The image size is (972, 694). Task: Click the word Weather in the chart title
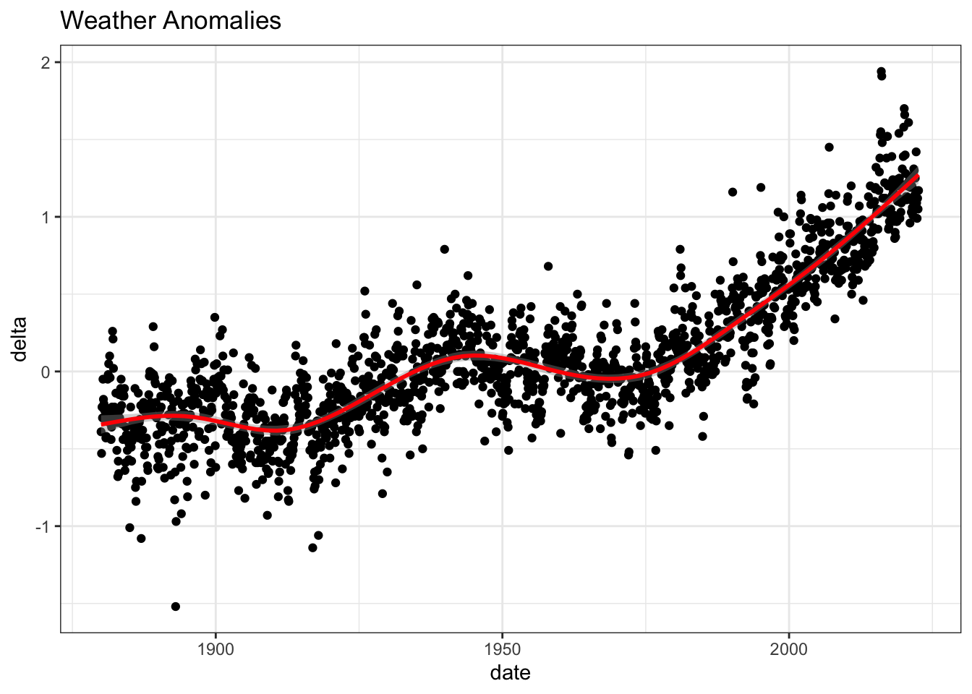point(108,20)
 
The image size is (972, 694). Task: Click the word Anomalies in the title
point(222,20)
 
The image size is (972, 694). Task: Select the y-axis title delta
point(20,339)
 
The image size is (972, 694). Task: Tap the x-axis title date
point(511,673)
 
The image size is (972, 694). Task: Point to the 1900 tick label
point(216,650)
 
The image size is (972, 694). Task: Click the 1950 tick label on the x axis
point(503,650)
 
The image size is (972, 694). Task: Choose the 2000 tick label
point(789,650)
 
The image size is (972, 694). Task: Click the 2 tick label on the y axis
point(45,64)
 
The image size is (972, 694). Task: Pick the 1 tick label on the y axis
point(46,218)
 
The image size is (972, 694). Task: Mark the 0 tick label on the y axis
point(45,372)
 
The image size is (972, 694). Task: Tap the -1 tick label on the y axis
point(43,527)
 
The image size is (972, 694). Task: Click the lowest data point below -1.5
point(175,607)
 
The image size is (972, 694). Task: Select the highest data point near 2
point(881,72)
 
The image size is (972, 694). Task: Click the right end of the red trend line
point(917,176)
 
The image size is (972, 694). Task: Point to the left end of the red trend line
point(102,424)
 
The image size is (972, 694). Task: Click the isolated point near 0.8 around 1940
point(444,249)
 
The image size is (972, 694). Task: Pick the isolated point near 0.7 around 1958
point(548,266)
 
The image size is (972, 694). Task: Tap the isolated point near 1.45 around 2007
point(829,147)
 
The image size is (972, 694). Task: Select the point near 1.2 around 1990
point(733,192)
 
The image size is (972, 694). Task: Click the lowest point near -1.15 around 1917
point(312,548)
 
